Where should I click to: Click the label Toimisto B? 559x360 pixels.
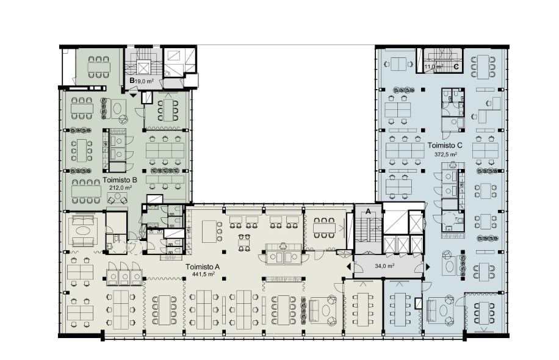click(x=120, y=180)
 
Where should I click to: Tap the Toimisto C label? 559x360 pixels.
click(x=445, y=145)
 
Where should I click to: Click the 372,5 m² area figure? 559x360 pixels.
click(x=445, y=155)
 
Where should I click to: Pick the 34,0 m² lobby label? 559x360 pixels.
click(x=384, y=266)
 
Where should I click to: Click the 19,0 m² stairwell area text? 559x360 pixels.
click(x=145, y=81)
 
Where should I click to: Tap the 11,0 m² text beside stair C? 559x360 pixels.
click(x=434, y=67)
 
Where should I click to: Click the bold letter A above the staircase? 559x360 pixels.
click(x=368, y=211)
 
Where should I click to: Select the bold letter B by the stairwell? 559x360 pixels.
click(x=132, y=81)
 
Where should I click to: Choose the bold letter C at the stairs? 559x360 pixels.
click(x=456, y=67)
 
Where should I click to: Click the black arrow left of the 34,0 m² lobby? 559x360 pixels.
click(x=348, y=267)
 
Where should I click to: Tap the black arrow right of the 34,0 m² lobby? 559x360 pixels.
click(x=427, y=267)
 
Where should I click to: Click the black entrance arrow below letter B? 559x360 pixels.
click(x=133, y=95)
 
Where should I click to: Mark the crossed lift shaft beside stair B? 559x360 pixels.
click(x=143, y=68)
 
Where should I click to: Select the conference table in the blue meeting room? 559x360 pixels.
click(x=400, y=309)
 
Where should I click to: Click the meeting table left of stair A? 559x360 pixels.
click(x=325, y=228)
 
